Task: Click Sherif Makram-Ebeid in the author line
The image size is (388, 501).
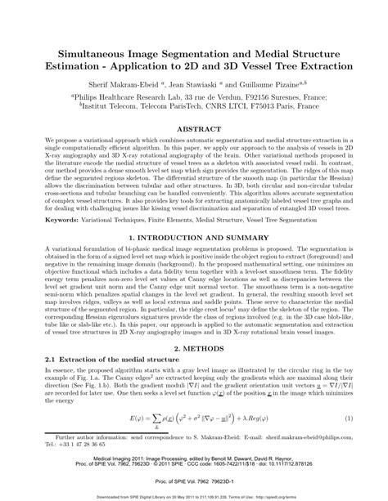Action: (116, 83)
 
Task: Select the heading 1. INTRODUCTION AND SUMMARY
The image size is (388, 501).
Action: (194, 236)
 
